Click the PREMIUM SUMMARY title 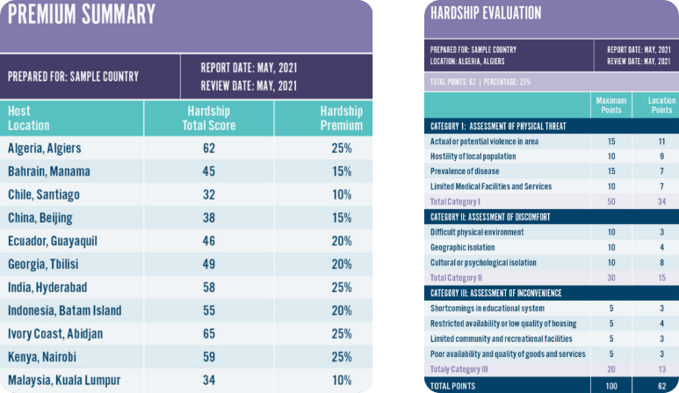(82, 15)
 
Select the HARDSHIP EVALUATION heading (485, 13)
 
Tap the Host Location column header (29, 118)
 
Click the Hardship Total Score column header (209, 118)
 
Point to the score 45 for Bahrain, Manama (209, 171)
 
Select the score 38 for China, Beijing (209, 217)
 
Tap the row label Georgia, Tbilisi (48, 264)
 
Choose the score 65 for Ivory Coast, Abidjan (209, 333)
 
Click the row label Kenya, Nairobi (46, 357)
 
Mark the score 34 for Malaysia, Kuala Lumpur (209, 380)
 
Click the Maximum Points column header (611, 106)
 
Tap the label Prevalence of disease (466, 171)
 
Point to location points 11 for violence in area (661, 141)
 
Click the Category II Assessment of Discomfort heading (498, 216)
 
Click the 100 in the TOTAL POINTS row (611, 385)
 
